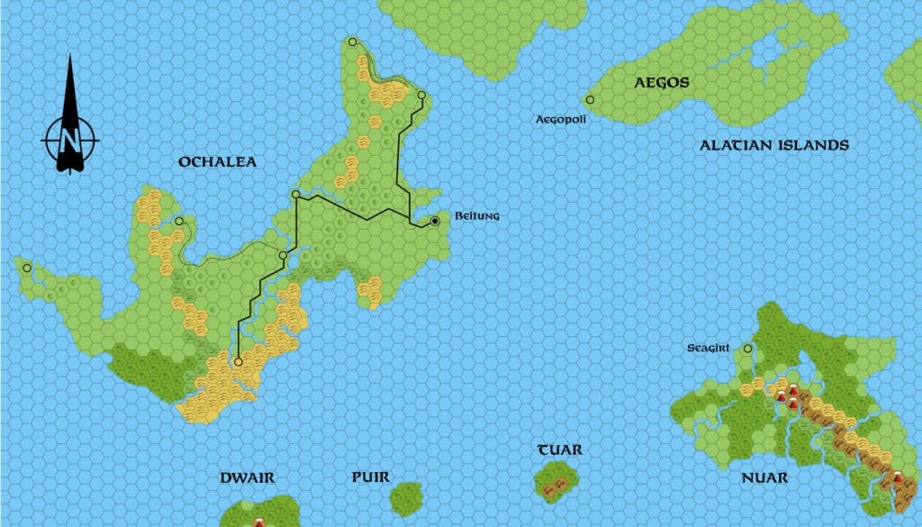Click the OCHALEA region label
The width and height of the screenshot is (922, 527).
(x=217, y=162)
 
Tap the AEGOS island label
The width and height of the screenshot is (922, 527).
(x=662, y=83)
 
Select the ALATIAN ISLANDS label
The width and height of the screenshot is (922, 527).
(x=773, y=145)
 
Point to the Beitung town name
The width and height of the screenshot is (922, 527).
(x=478, y=217)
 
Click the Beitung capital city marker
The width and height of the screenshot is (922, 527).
(x=435, y=221)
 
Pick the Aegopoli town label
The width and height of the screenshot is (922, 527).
(x=560, y=119)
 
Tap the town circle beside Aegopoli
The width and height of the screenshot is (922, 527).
(x=590, y=100)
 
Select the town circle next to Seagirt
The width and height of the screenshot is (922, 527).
(x=747, y=348)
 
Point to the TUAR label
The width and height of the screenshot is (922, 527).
(x=559, y=450)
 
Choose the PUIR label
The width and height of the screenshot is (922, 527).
(x=370, y=477)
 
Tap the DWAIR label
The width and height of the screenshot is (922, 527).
(x=247, y=477)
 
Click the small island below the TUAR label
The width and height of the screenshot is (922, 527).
(x=556, y=482)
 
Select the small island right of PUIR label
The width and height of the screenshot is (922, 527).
(x=407, y=497)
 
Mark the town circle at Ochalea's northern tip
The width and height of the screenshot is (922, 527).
(x=352, y=41)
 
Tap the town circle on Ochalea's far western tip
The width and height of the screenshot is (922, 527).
(x=27, y=268)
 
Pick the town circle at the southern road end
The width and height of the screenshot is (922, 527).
(x=238, y=362)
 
